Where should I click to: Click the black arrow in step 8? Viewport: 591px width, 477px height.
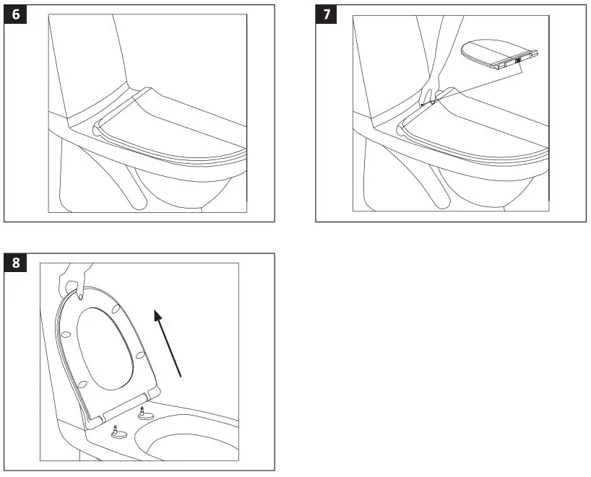click(168, 343)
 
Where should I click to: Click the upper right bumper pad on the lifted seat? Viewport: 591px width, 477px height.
click(116, 309)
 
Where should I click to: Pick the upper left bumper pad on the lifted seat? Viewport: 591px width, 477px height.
click(66, 334)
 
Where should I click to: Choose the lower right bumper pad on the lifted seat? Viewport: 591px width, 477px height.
click(139, 354)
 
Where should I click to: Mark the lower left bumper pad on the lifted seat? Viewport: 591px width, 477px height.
click(84, 383)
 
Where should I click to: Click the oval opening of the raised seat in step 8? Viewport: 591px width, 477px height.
click(105, 346)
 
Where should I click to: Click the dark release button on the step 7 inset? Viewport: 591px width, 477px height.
click(518, 61)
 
